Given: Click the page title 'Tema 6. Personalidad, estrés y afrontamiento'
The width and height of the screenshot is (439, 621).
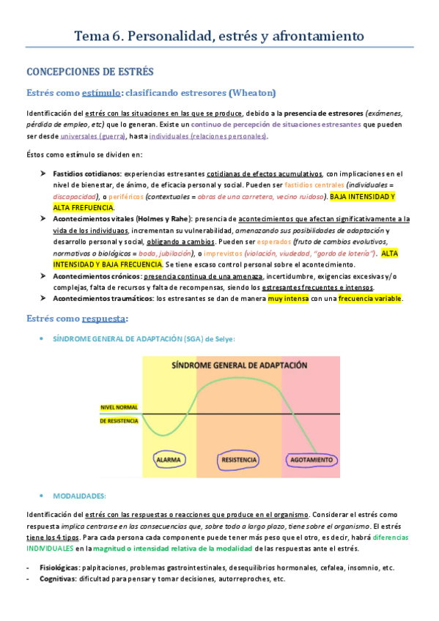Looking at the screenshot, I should pyautogui.click(x=219, y=35).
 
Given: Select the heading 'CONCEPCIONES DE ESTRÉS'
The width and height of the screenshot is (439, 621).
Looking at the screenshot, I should pyautogui.click(x=89, y=72).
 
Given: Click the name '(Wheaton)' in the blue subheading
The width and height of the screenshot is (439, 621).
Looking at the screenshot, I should pyautogui.click(x=252, y=93).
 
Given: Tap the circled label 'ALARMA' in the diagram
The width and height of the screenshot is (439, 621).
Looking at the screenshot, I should pyautogui.click(x=171, y=461).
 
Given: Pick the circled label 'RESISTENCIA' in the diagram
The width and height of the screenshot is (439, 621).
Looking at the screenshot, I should pyautogui.click(x=238, y=461).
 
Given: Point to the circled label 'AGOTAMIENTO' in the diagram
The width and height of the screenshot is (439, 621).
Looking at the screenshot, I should pyautogui.click(x=311, y=461).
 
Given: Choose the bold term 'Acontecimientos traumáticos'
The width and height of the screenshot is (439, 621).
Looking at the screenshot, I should pyautogui.click(x=103, y=298).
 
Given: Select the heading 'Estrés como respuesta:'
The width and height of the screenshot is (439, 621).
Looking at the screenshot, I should pyautogui.click(x=78, y=319).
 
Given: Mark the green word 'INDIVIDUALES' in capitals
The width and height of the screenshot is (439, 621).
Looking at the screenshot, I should pyautogui.click(x=51, y=547).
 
